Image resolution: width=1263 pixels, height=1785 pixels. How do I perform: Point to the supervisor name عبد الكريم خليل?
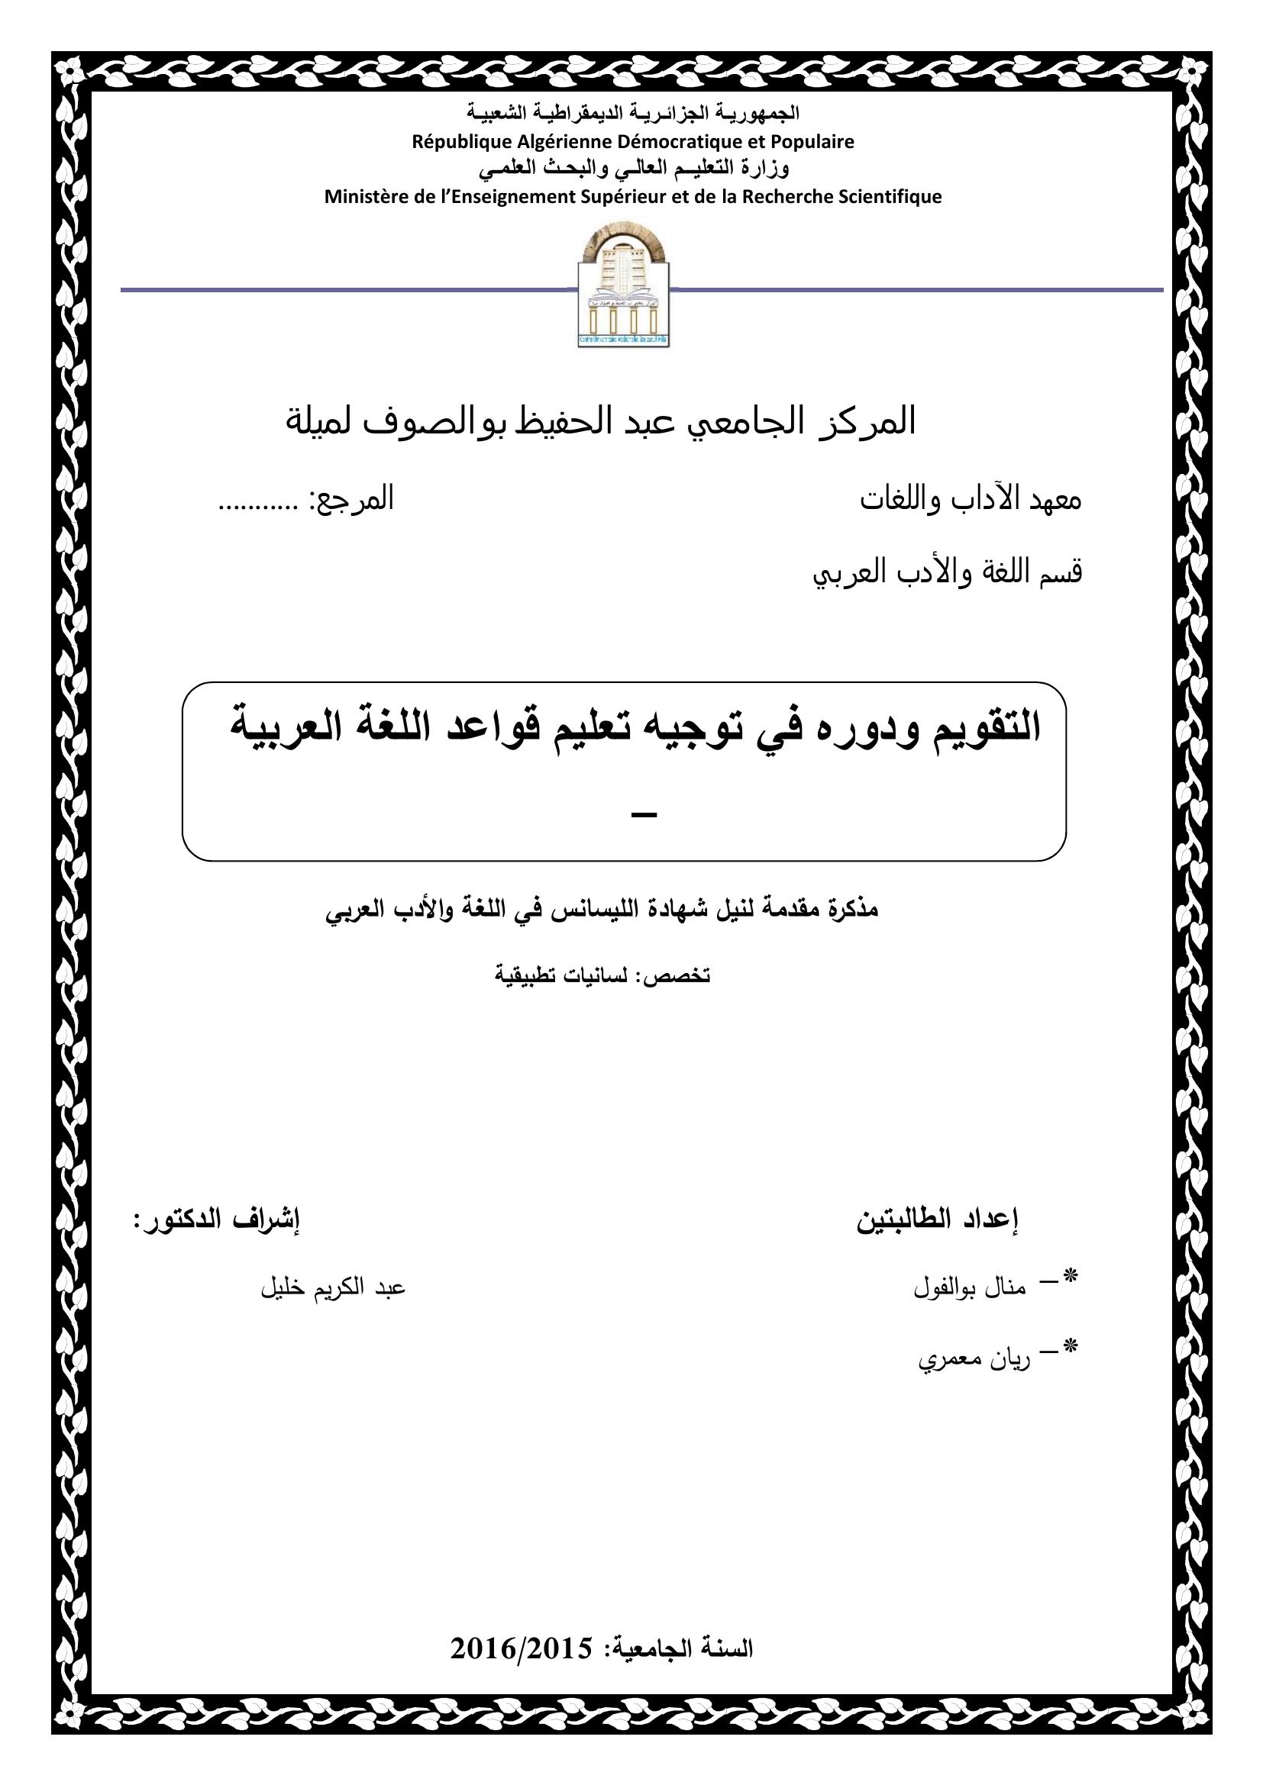333,1287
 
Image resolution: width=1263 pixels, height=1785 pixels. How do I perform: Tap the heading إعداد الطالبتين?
938,1220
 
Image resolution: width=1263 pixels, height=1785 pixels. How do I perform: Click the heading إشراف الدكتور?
217,1219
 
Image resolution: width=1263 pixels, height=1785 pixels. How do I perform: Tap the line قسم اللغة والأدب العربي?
947,573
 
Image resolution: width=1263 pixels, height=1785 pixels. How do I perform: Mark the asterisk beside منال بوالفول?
1071,1276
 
